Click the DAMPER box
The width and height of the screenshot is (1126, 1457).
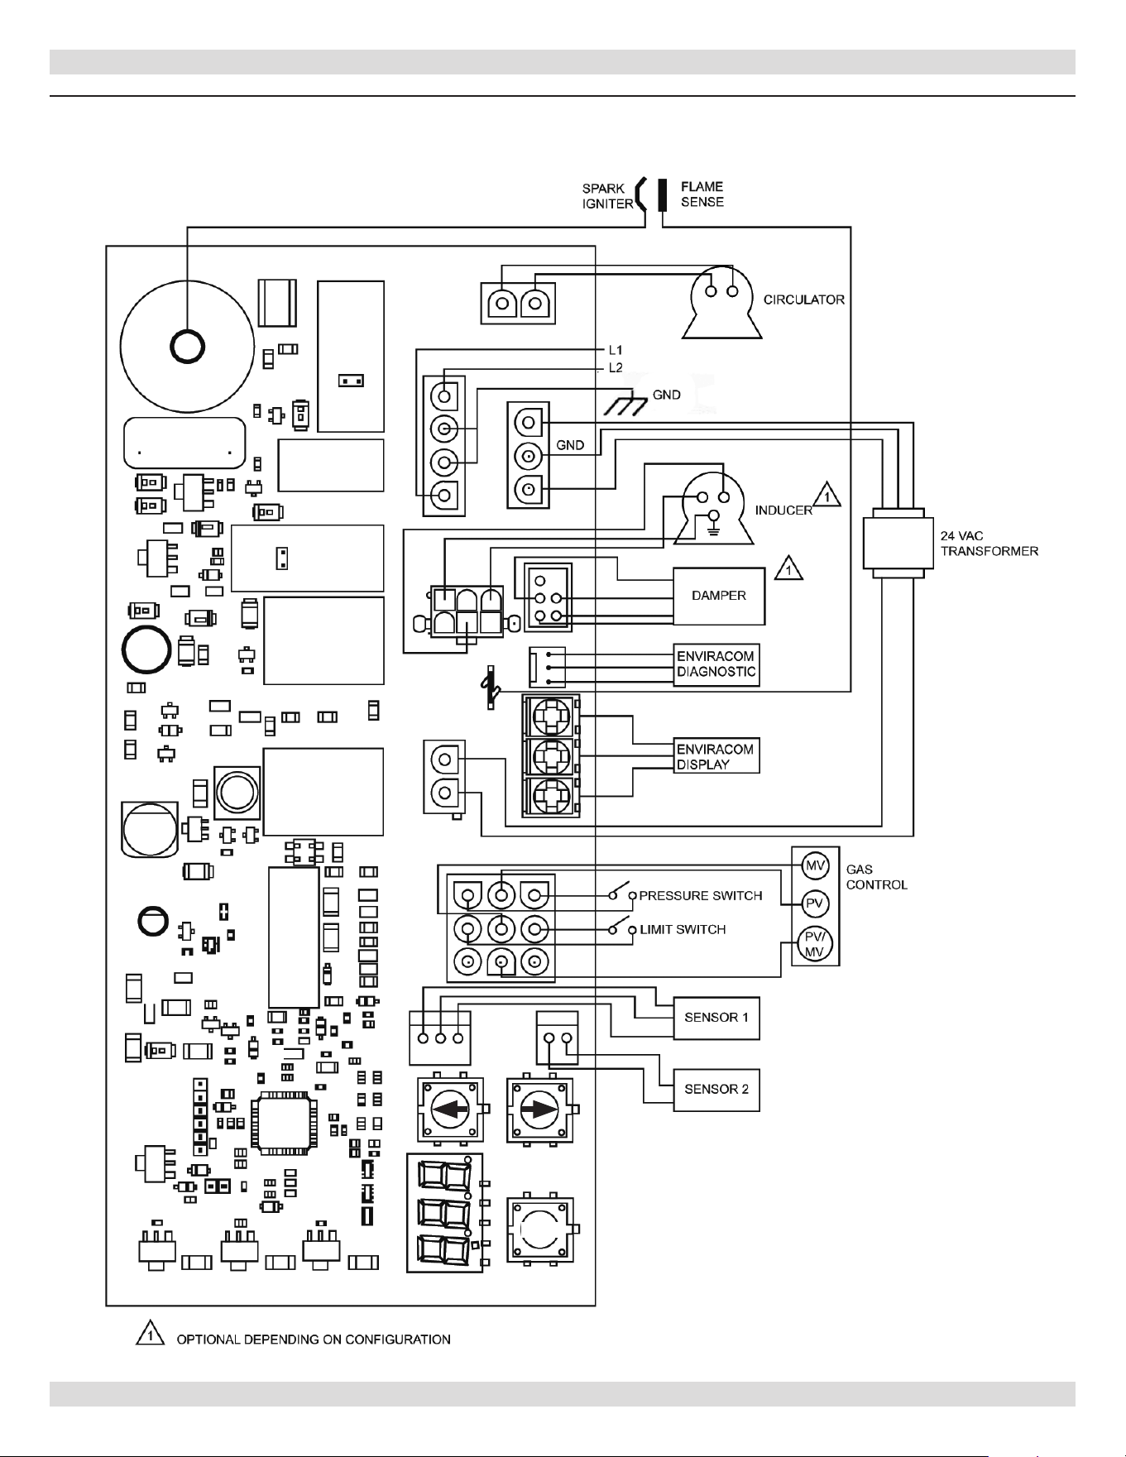tap(719, 596)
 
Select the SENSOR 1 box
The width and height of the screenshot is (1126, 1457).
tap(716, 1018)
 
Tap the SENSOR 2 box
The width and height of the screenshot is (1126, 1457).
tap(716, 1090)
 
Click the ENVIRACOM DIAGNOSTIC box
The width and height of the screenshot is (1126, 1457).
tap(716, 664)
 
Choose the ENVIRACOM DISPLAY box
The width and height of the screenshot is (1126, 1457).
tap(716, 756)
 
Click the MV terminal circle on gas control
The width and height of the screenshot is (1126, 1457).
tap(816, 865)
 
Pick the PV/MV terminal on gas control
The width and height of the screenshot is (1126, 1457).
tap(816, 945)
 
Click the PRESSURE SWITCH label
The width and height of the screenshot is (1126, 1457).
tap(701, 896)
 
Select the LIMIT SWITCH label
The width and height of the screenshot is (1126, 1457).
tap(683, 930)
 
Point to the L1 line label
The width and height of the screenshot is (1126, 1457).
tap(616, 351)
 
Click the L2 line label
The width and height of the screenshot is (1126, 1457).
tap(616, 368)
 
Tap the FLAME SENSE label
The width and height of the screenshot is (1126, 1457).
tap(702, 194)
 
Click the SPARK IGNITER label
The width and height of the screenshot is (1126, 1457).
tap(607, 196)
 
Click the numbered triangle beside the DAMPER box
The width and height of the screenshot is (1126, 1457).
tap(788, 568)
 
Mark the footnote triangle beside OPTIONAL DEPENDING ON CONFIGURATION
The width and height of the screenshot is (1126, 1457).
tap(149, 1335)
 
